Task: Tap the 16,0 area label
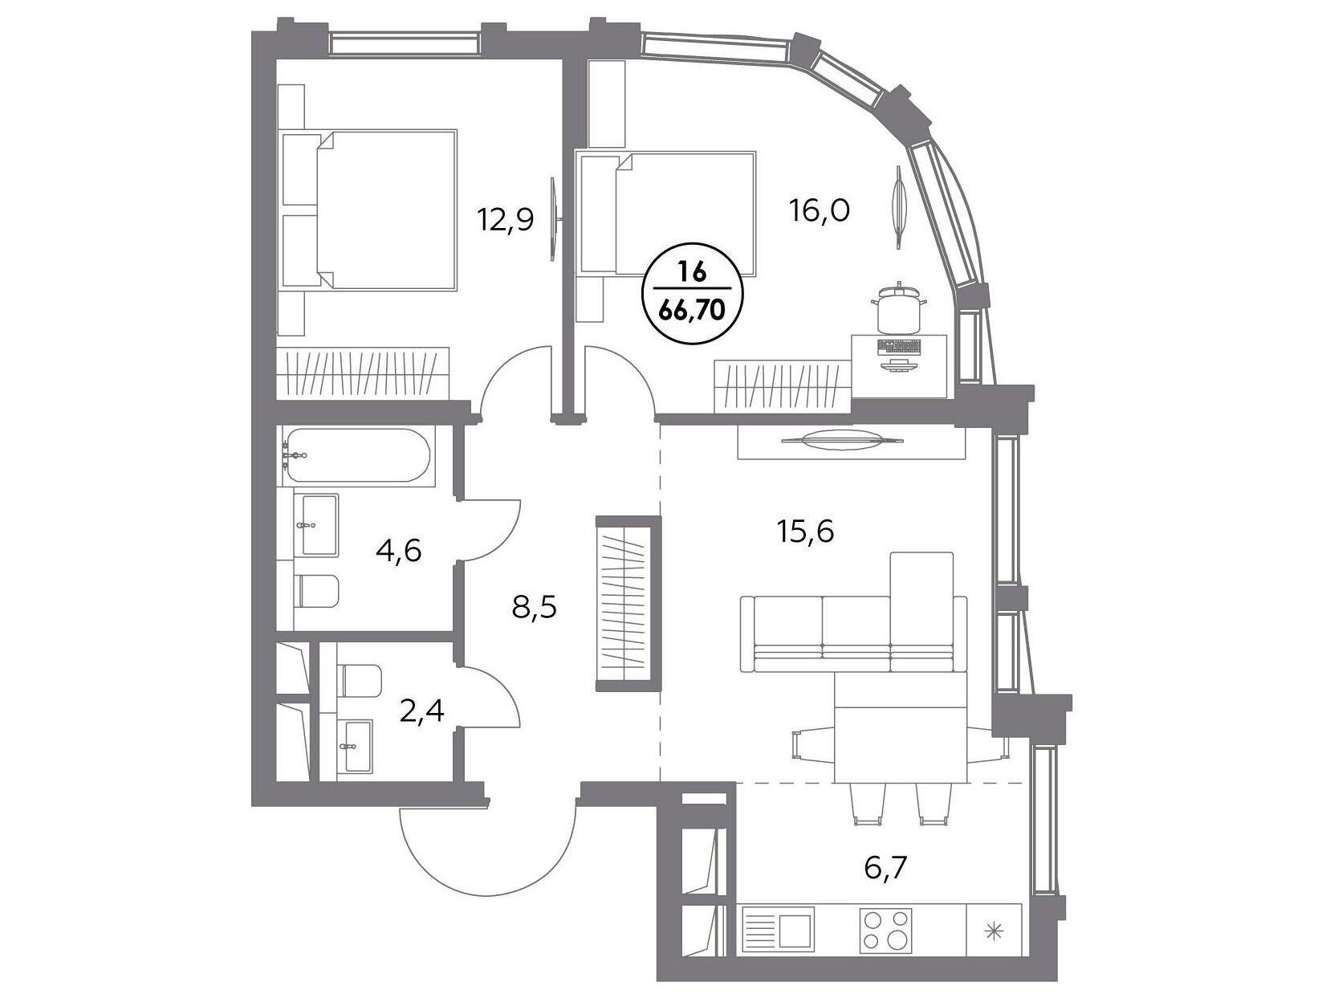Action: pyautogui.click(x=820, y=211)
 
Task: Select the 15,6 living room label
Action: pyautogui.click(x=804, y=532)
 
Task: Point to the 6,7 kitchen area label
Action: pyautogui.click(x=885, y=870)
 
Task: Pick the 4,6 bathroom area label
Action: pyautogui.click(x=398, y=551)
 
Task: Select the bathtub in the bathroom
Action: pyautogui.click(x=357, y=454)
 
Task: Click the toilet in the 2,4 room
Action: pyautogui.click(x=361, y=680)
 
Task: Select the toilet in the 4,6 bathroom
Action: pyautogui.click(x=319, y=590)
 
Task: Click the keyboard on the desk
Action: pyautogui.click(x=900, y=347)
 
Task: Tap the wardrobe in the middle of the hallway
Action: pyautogui.click(x=624, y=604)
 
